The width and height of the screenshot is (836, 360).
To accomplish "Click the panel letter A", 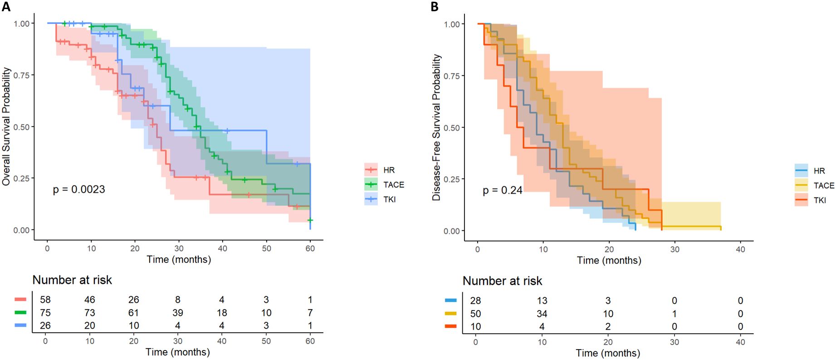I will click(x=6, y=6).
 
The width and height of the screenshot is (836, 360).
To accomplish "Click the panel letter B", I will click(x=435, y=6).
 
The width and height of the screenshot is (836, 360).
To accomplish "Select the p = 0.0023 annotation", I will click(x=79, y=190).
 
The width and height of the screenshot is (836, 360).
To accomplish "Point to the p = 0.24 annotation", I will click(x=502, y=190).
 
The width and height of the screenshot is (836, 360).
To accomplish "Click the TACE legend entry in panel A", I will click(x=393, y=185).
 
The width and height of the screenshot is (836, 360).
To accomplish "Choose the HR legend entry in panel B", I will click(x=819, y=171).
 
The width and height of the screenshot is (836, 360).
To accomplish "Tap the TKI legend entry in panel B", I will click(x=819, y=200).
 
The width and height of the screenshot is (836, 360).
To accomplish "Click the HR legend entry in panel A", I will click(x=389, y=170).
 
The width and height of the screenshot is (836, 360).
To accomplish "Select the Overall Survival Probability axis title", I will click(x=6, y=126).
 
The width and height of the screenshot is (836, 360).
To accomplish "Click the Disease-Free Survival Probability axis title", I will click(x=436, y=127).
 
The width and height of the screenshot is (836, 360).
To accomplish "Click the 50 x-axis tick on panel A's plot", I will click(x=266, y=248).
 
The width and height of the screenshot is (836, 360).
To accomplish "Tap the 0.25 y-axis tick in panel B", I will click(x=452, y=179).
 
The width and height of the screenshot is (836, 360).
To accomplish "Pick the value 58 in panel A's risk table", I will click(x=45, y=300).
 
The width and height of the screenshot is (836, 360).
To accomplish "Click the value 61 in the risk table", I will click(x=133, y=313).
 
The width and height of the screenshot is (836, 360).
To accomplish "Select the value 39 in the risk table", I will click(x=178, y=313).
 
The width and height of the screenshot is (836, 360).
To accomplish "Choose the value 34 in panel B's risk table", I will click(x=542, y=314).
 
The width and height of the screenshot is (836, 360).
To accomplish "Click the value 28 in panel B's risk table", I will click(x=475, y=301).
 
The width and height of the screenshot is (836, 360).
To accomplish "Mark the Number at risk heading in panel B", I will click(x=502, y=281).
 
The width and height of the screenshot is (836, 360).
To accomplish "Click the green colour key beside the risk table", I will click(x=20, y=312).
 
